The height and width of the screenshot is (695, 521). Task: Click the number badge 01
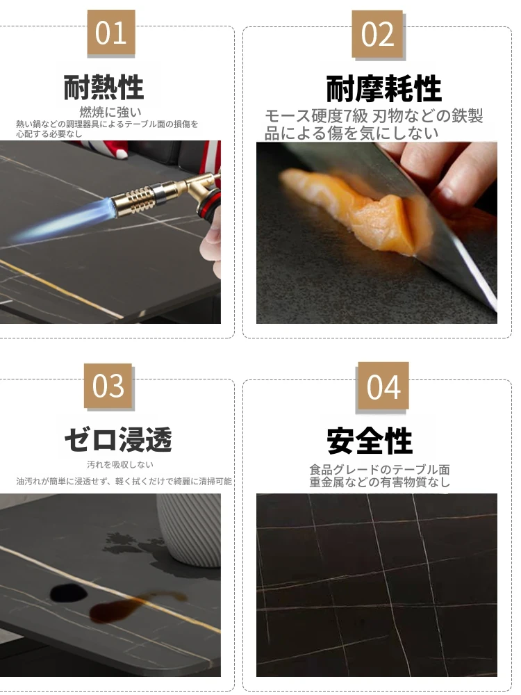coord(110,33)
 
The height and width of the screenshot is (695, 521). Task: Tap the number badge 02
coord(377,34)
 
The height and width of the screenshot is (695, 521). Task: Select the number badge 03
coord(108,386)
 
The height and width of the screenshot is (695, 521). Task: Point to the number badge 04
coord(383,386)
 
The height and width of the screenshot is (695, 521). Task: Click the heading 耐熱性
coord(104,88)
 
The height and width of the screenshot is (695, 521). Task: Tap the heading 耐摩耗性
coord(383,89)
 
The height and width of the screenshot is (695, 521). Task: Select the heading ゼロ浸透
coord(118,440)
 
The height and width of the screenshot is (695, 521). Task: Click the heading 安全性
coord(370,441)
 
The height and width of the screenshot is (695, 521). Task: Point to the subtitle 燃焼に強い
coord(110,112)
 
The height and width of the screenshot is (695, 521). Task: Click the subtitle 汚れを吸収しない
coord(120,464)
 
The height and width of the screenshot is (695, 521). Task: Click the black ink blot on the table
coord(68,593)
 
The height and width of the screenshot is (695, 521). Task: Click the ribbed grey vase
coord(190,530)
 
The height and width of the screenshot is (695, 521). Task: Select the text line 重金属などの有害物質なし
coord(380,482)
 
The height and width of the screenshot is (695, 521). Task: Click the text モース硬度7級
coord(316,116)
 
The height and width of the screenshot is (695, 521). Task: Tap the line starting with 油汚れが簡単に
coord(124,481)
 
